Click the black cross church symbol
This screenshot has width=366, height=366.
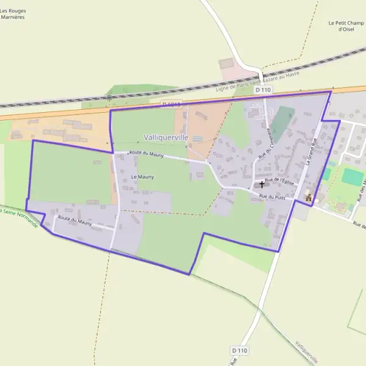coord(262,184)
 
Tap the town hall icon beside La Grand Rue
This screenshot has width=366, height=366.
coord(309,197)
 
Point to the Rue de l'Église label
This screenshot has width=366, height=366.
coord(280,181)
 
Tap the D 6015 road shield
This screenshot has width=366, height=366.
coord(173,105)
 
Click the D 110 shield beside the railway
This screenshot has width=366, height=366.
coord(263,90)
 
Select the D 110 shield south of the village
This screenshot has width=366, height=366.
coord(240,350)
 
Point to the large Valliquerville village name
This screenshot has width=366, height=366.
coord(166,138)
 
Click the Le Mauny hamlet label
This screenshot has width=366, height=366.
coord(143,177)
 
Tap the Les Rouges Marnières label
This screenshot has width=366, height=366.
coord(12,14)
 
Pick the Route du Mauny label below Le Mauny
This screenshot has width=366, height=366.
coord(75,220)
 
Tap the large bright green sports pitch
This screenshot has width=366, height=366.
coord(353,177)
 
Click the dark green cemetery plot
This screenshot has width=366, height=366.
coord(281,123)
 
